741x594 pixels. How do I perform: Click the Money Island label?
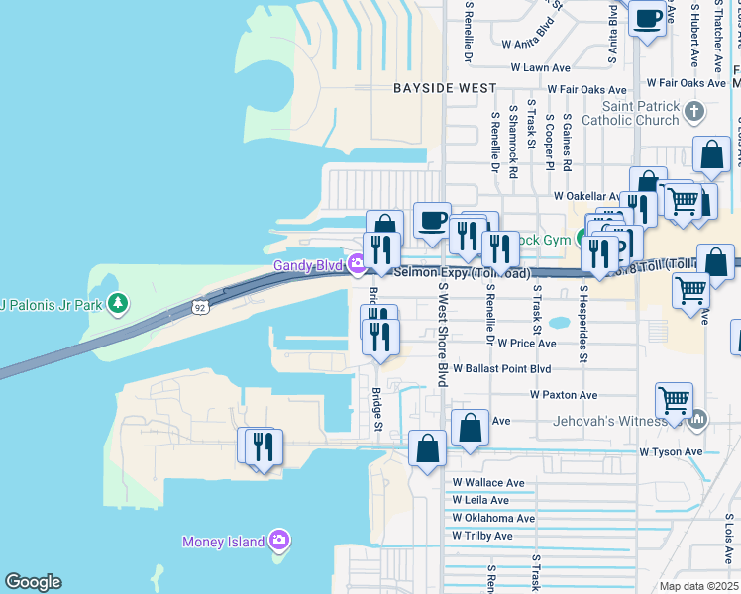(x=223, y=542)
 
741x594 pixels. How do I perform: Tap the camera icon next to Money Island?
(x=279, y=541)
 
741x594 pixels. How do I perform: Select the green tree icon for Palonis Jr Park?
(x=119, y=302)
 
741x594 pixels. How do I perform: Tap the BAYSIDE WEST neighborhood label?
(x=445, y=88)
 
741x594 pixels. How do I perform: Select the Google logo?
(x=33, y=582)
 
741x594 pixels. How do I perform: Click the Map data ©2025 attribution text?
(x=698, y=586)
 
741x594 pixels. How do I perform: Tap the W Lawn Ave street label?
(x=541, y=68)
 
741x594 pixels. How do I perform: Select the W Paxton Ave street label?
(x=563, y=394)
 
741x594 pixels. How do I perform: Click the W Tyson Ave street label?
(x=670, y=452)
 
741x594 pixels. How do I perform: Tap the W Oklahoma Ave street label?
(x=492, y=518)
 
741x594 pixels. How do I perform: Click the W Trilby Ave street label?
(x=482, y=536)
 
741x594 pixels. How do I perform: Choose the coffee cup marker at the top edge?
(x=647, y=20)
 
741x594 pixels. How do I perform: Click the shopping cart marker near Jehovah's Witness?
(x=675, y=402)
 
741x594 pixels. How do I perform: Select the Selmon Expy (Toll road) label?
(x=462, y=273)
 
